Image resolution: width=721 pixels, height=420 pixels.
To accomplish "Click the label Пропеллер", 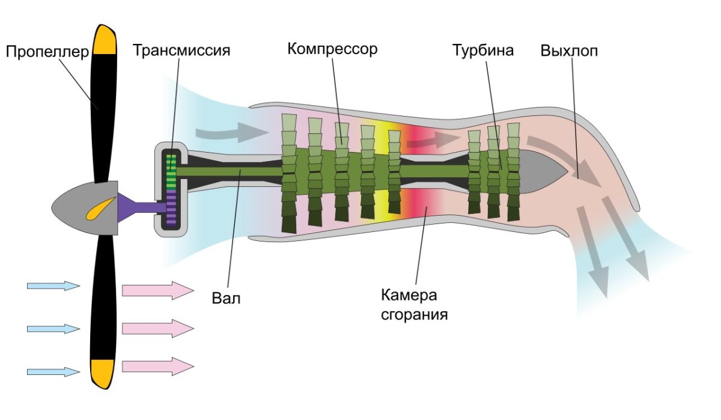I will [x=47, y=51].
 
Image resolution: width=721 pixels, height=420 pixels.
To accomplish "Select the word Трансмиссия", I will [x=182, y=50].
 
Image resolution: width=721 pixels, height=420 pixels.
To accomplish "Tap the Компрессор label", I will [x=332, y=49].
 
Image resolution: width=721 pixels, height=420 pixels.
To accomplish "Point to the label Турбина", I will [x=483, y=50].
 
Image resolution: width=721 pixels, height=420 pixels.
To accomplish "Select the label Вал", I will [x=226, y=297].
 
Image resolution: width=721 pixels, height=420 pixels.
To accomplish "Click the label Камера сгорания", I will [x=414, y=305].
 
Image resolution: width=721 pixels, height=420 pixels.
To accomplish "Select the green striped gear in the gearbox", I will [x=172, y=172].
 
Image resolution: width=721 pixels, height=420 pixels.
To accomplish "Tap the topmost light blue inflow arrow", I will [x=53, y=286].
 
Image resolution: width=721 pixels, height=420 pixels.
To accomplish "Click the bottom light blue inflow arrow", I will [x=53, y=372].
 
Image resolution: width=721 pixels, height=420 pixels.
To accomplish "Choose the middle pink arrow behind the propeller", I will [x=157, y=328].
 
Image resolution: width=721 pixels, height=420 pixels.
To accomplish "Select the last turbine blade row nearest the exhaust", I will [x=513, y=171].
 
